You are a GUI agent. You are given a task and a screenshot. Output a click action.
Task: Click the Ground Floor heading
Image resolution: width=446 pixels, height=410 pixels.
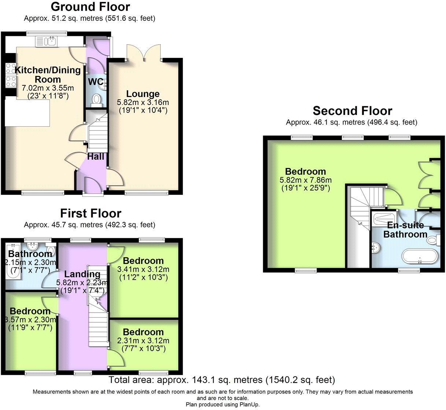coord(90,7)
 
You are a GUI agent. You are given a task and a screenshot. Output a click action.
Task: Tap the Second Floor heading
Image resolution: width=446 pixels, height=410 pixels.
coord(352,111)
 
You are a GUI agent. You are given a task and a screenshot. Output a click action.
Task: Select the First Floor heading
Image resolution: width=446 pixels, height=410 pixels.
coord(91,213)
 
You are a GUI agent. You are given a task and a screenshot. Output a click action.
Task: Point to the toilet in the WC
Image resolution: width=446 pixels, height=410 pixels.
coord(97,99)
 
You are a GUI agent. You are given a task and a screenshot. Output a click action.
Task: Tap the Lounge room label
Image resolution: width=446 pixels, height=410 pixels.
coord(143,94)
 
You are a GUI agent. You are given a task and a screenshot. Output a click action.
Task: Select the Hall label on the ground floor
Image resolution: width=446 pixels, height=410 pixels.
coord(96,157)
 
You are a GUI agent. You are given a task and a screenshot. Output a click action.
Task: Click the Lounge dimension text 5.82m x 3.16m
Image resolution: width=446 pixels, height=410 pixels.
coord(143,102)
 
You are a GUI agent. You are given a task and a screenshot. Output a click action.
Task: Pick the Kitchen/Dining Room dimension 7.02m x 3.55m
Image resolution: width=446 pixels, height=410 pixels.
coord(48,88)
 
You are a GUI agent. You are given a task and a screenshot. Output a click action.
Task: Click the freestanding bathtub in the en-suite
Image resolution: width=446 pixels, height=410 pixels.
coord(420,256)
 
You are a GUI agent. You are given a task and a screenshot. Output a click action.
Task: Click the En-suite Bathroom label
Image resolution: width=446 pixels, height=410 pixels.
coord(405,230)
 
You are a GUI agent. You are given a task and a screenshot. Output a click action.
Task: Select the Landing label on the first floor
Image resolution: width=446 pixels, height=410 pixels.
coord(82,274)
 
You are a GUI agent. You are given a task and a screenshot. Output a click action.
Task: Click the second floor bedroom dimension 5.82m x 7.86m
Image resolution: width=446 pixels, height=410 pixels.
coord(305,180)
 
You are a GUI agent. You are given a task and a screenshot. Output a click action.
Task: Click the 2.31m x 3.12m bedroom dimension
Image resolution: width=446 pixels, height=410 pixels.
coord(143,340)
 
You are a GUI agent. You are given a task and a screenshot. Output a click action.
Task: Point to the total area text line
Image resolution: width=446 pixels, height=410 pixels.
coord(222,380)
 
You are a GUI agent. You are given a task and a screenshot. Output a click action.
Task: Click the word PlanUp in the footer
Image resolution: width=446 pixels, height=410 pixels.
coord(249,405)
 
